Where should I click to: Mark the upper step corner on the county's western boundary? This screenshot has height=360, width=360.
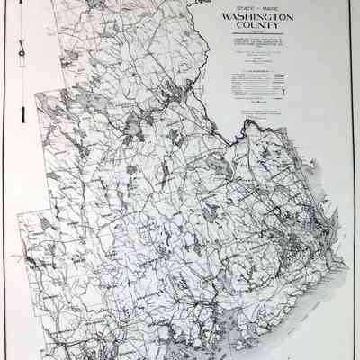36,92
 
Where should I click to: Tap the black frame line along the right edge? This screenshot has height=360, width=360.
354,180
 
